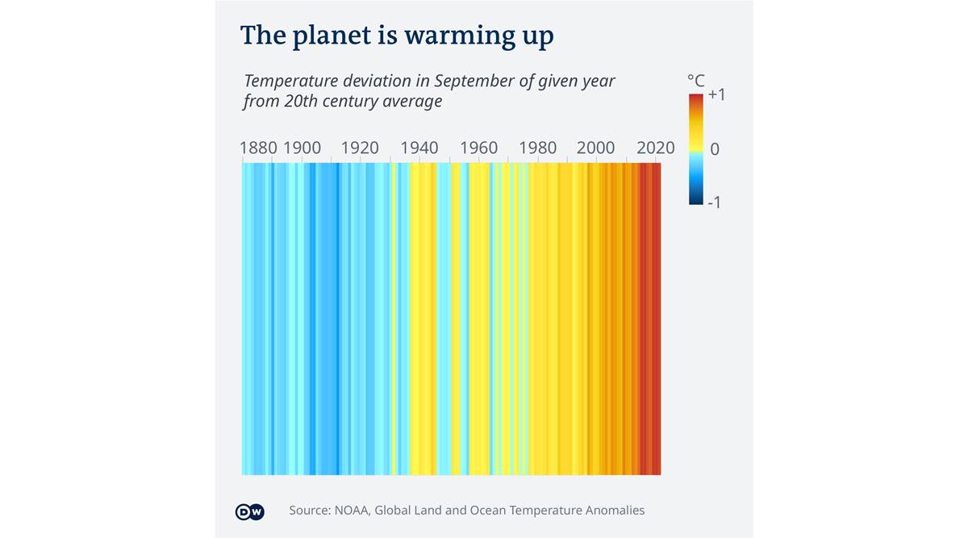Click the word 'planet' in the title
pyautogui.click(x=327, y=37)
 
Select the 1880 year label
pyautogui.click(x=258, y=148)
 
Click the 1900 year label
pyautogui.click(x=302, y=148)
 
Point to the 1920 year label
pyautogui.click(x=360, y=148)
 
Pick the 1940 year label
pyautogui.click(x=419, y=148)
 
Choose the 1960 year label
pyautogui.click(x=478, y=148)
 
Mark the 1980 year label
pyautogui.click(x=537, y=148)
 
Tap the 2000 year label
pyautogui.click(x=596, y=148)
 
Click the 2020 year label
pyautogui.click(x=655, y=148)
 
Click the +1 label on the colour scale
pyautogui.click(x=716, y=94)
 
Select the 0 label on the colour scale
pyautogui.click(x=714, y=149)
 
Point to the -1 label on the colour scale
pyautogui.click(x=714, y=202)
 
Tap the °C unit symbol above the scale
pyautogui.click(x=695, y=81)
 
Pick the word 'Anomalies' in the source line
pyautogui.click(x=612, y=511)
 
